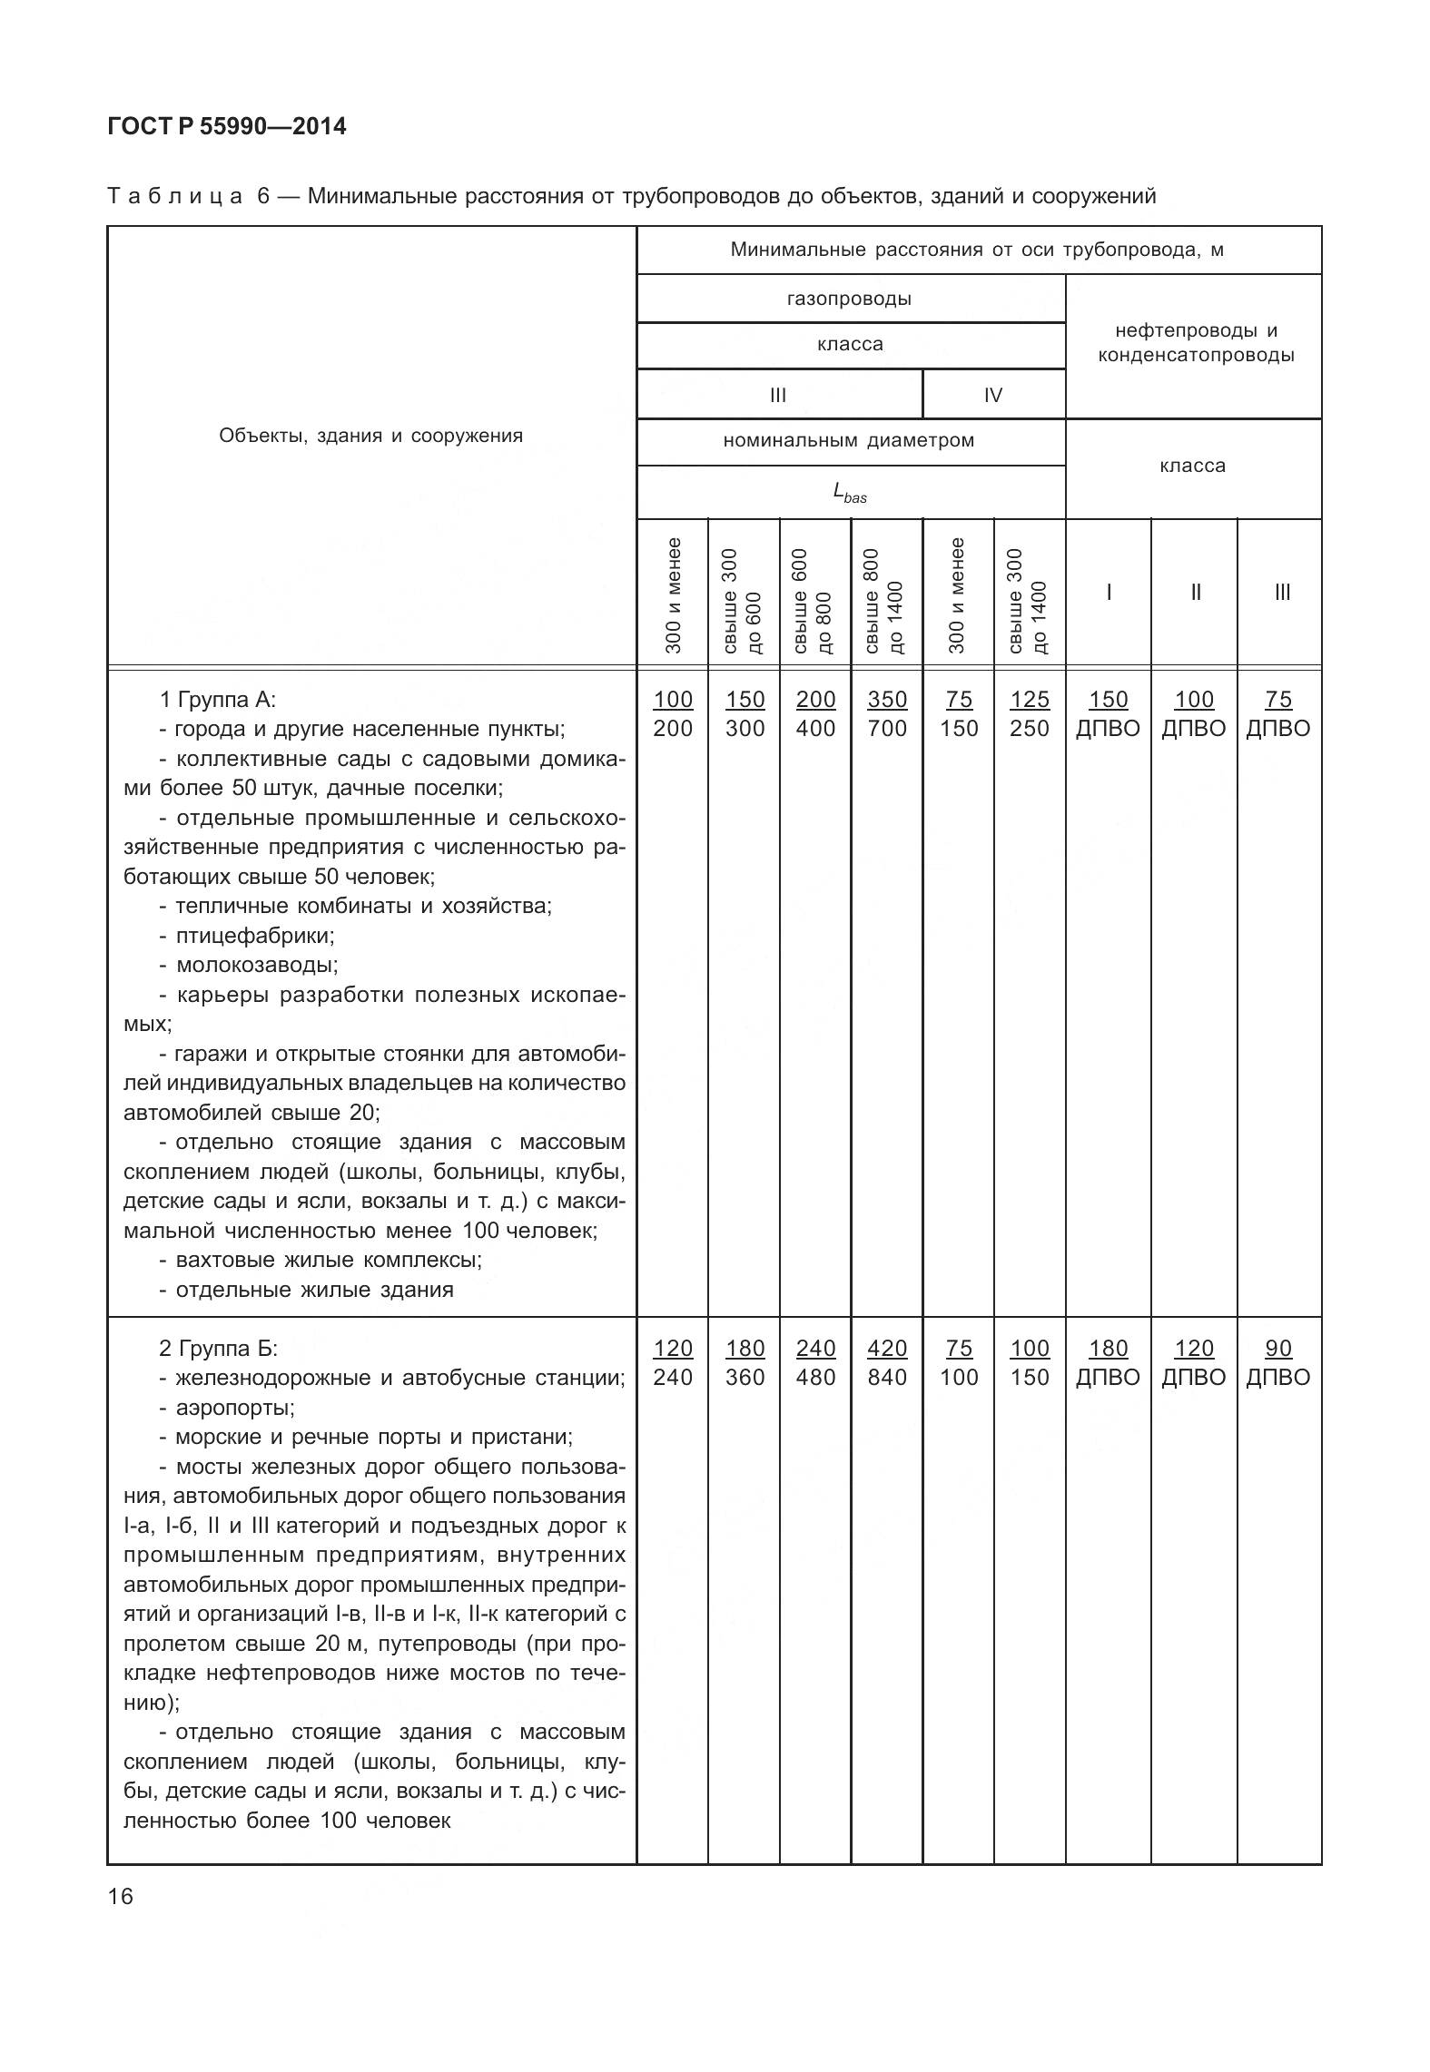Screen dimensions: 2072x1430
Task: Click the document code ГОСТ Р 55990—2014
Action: (226, 126)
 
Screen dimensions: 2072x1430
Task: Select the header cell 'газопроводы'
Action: (849, 299)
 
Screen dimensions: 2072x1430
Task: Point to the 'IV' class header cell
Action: (992, 395)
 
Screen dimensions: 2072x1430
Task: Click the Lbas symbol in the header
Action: (849, 493)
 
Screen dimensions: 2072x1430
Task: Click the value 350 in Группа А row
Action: (886, 700)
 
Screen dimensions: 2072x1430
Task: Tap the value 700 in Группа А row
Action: (886, 729)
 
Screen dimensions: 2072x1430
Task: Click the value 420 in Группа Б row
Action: (886, 1348)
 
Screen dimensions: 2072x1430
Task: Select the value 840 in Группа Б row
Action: (886, 1377)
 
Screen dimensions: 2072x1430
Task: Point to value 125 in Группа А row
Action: (1029, 700)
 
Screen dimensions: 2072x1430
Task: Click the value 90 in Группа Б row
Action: (1277, 1348)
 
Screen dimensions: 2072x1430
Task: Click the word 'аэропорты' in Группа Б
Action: (234, 1407)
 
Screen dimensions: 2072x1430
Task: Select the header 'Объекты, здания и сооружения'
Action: (370, 436)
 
